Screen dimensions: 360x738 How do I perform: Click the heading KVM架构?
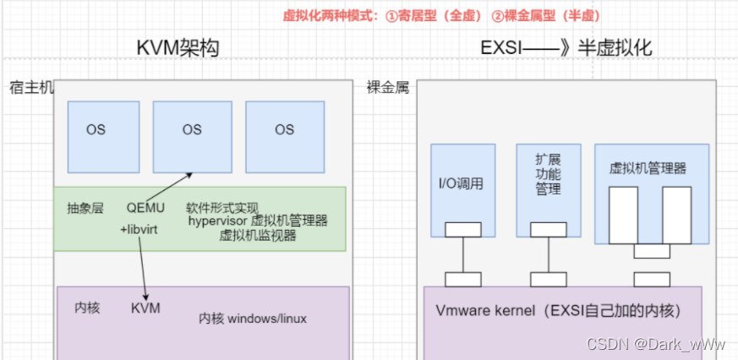coord(178,48)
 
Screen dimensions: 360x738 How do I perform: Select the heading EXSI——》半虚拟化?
coord(566,48)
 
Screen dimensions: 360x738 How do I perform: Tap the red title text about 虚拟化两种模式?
coord(441,15)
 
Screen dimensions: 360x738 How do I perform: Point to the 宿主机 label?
coord(31,87)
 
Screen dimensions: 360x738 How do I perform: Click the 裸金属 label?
coord(388,87)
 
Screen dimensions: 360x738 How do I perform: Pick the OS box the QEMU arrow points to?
coord(192,129)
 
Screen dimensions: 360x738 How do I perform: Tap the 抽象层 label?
coord(85,207)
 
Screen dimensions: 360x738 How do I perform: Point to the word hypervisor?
coord(218,221)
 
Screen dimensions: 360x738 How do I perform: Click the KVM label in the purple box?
coord(145,308)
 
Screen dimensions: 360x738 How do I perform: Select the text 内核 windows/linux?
coord(253,319)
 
